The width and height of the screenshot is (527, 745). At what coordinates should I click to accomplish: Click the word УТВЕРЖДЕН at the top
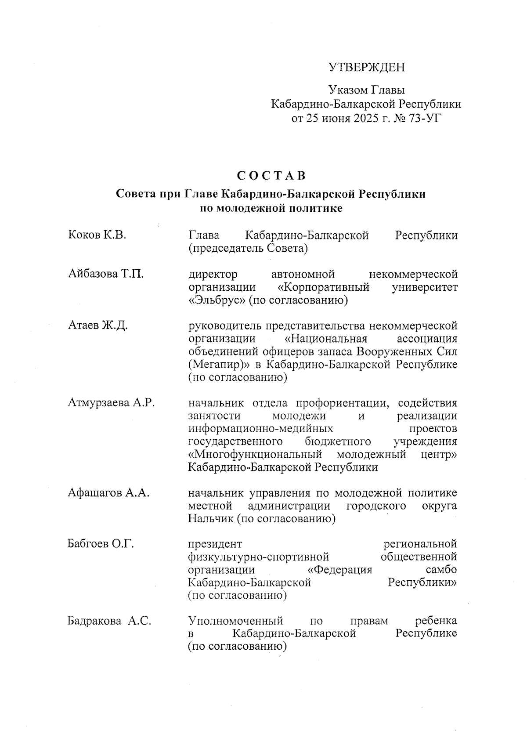(x=367, y=67)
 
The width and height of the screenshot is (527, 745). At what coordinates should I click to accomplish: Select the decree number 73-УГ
(x=423, y=118)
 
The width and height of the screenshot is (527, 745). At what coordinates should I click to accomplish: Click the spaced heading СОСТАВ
(x=271, y=176)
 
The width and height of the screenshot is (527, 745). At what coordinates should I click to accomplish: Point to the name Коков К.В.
(x=97, y=235)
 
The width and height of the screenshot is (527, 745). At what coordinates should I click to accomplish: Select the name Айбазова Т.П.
(x=106, y=275)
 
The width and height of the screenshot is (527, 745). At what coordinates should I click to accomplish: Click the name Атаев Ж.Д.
(x=98, y=326)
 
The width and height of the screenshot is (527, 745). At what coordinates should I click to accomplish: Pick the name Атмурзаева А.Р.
(x=111, y=403)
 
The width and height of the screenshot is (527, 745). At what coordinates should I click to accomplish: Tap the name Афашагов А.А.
(x=108, y=493)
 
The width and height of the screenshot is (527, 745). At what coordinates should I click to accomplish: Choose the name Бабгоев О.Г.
(x=101, y=544)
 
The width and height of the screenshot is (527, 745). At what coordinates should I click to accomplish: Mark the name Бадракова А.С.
(x=109, y=621)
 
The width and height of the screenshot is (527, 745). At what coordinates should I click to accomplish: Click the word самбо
(x=441, y=570)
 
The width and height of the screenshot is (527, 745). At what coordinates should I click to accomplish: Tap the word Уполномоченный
(x=235, y=621)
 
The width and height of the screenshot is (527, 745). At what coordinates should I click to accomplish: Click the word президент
(x=215, y=544)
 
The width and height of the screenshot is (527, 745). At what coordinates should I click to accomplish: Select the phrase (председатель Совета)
(x=248, y=249)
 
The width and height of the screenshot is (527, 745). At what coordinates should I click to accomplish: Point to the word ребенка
(x=436, y=621)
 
